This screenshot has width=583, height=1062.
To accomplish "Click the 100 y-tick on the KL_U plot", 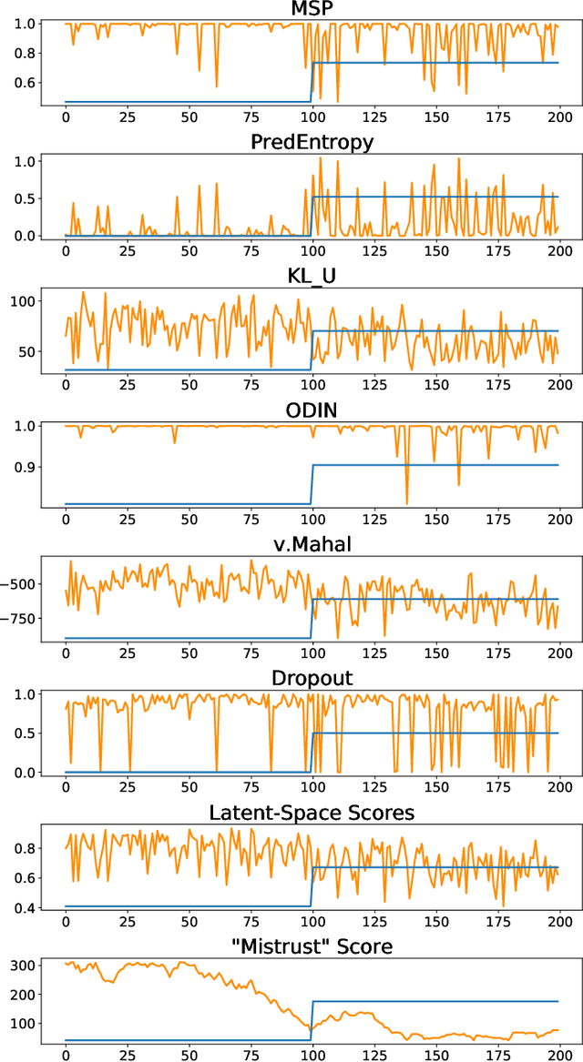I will (x=21, y=301).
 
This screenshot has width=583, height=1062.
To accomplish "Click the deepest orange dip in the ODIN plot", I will (x=407, y=503).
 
